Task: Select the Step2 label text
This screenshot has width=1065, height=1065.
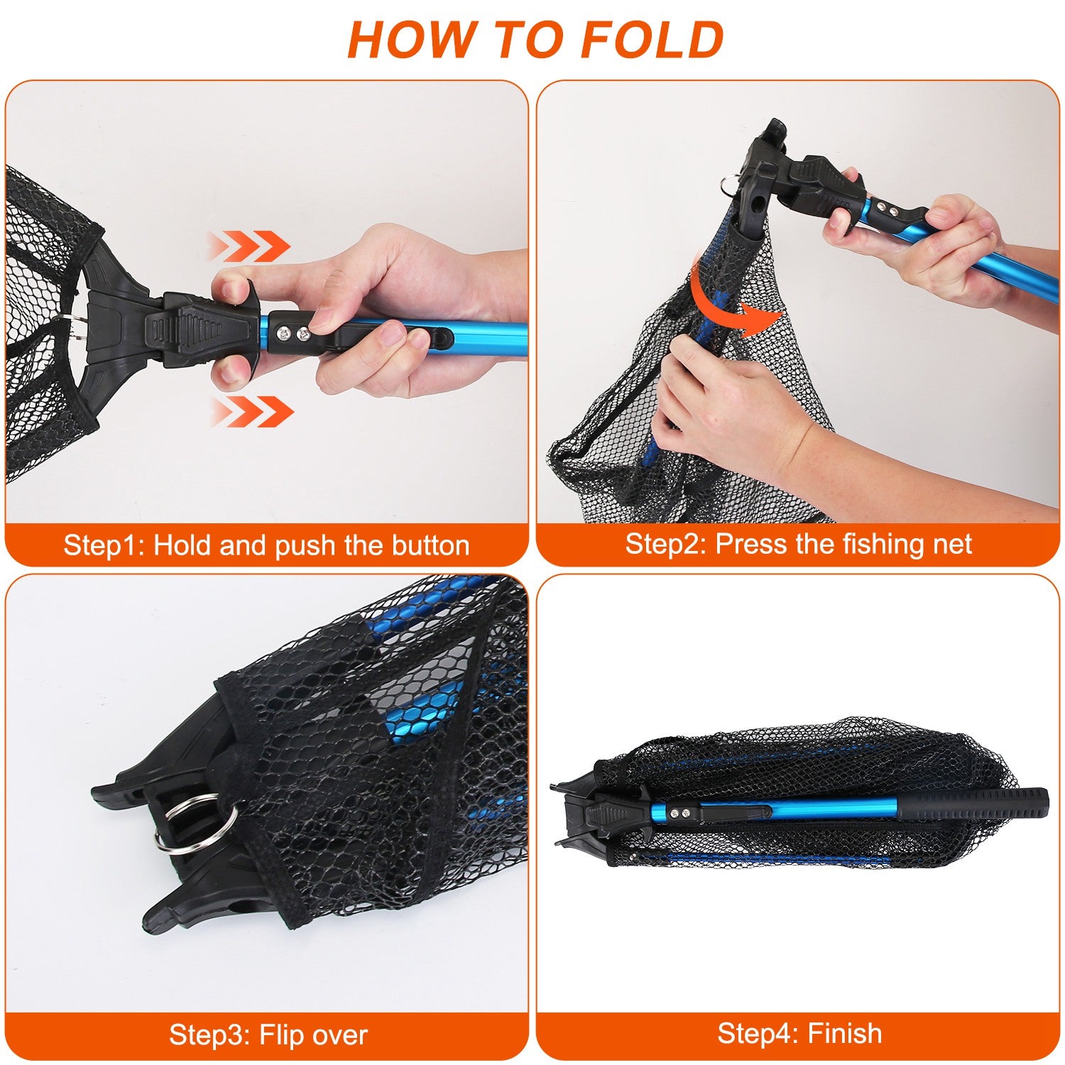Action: point(665,544)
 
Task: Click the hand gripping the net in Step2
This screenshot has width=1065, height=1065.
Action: point(717,398)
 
